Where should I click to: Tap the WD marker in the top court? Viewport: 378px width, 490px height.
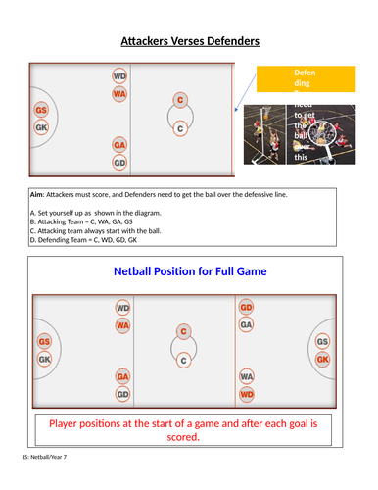click(x=119, y=75)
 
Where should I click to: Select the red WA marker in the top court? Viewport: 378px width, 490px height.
click(x=119, y=94)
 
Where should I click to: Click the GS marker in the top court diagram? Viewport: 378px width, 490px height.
click(x=41, y=111)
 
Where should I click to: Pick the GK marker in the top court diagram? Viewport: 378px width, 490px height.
click(x=41, y=127)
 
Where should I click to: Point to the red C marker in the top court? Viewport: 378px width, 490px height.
click(x=179, y=100)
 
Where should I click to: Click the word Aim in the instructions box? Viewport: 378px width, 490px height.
click(x=40, y=195)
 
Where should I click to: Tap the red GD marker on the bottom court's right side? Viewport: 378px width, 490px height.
click(x=247, y=308)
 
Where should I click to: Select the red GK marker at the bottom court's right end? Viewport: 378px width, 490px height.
click(x=323, y=360)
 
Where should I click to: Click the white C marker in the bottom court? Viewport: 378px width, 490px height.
click(x=183, y=361)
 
